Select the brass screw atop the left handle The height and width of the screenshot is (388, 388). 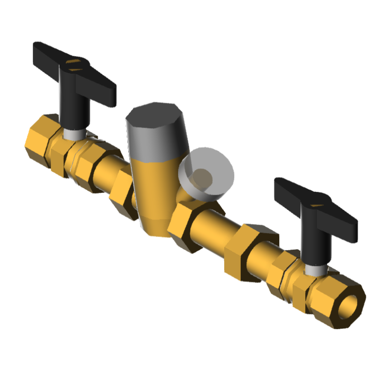(x=72, y=65)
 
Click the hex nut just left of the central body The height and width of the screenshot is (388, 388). (x=123, y=193)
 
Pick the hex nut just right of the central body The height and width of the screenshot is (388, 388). (x=186, y=225)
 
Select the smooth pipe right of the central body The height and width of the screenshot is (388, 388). (x=217, y=228)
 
